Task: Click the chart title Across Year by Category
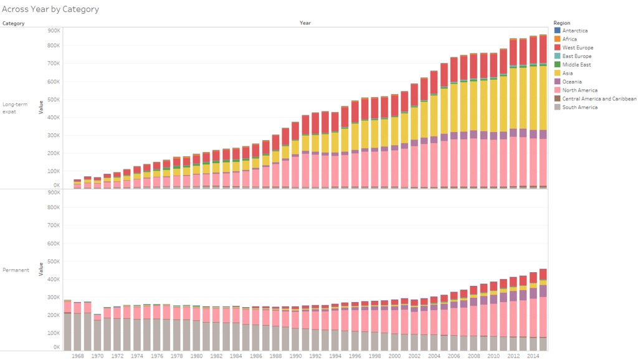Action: point(50,9)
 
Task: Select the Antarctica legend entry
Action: point(574,31)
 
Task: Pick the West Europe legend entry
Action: point(578,48)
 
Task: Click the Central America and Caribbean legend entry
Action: point(599,99)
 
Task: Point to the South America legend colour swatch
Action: point(557,107)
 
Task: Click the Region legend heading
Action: point(561,22)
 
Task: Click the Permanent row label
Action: point(16,270)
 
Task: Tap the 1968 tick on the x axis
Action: point(78,356)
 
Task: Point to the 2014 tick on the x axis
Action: point(533,356)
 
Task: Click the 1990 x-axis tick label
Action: point(295,356)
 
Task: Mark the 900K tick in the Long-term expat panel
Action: point(53,30)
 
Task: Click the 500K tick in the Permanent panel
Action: point(53,262)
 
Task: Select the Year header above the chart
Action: point(305,23)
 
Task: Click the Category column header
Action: point(14,23)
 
